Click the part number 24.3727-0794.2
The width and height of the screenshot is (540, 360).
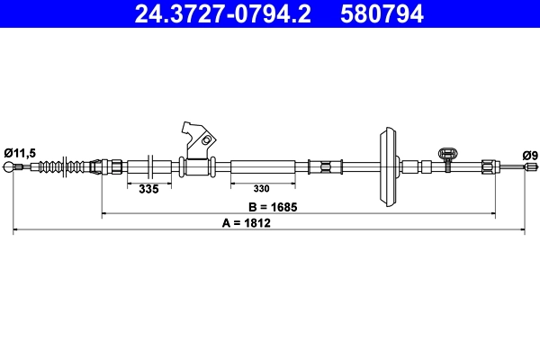pos(225,13)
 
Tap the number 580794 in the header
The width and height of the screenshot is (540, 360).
pos(381,13)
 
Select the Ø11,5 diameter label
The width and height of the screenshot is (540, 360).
pos(19,153)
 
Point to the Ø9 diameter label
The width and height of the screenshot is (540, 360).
pos(531,155)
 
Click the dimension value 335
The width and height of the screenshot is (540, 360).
pos(149,189)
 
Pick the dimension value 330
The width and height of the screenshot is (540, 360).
pos(262,189)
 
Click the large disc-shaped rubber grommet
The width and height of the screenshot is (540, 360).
pos(388,167)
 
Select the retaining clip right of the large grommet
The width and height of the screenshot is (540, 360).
pos(445,157)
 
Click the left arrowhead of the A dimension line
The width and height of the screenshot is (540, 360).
pos(16,232)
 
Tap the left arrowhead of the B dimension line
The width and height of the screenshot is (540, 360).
pos(105,214)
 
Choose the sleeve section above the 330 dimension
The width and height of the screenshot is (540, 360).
pos(263,167)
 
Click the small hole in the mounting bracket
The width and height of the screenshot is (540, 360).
pos(207,140)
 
